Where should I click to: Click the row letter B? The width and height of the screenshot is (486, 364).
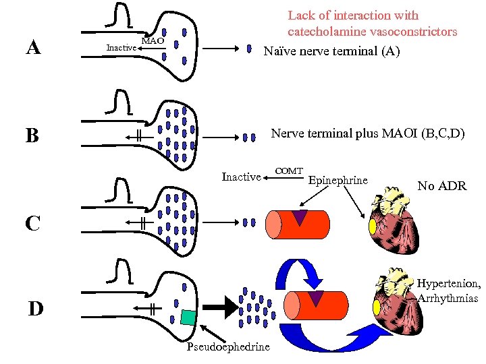[32, 136]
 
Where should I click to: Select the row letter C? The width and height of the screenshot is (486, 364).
[32, 222]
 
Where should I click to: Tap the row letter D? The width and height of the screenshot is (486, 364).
[35, 309]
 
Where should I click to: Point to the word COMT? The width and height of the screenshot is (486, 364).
[290, 171]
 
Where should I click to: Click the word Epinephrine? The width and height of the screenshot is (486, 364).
[338, 180]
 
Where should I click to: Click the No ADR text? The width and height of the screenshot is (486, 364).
[441, 185]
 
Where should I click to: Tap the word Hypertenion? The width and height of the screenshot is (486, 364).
[449, 284]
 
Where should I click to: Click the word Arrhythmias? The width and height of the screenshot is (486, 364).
[449, 299]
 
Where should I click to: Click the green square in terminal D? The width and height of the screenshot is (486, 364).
[188, 317]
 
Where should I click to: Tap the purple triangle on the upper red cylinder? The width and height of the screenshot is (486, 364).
[299, 217]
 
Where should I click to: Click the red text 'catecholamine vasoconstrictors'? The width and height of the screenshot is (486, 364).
[372, 32]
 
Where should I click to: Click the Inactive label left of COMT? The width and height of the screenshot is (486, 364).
[241, 177]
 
